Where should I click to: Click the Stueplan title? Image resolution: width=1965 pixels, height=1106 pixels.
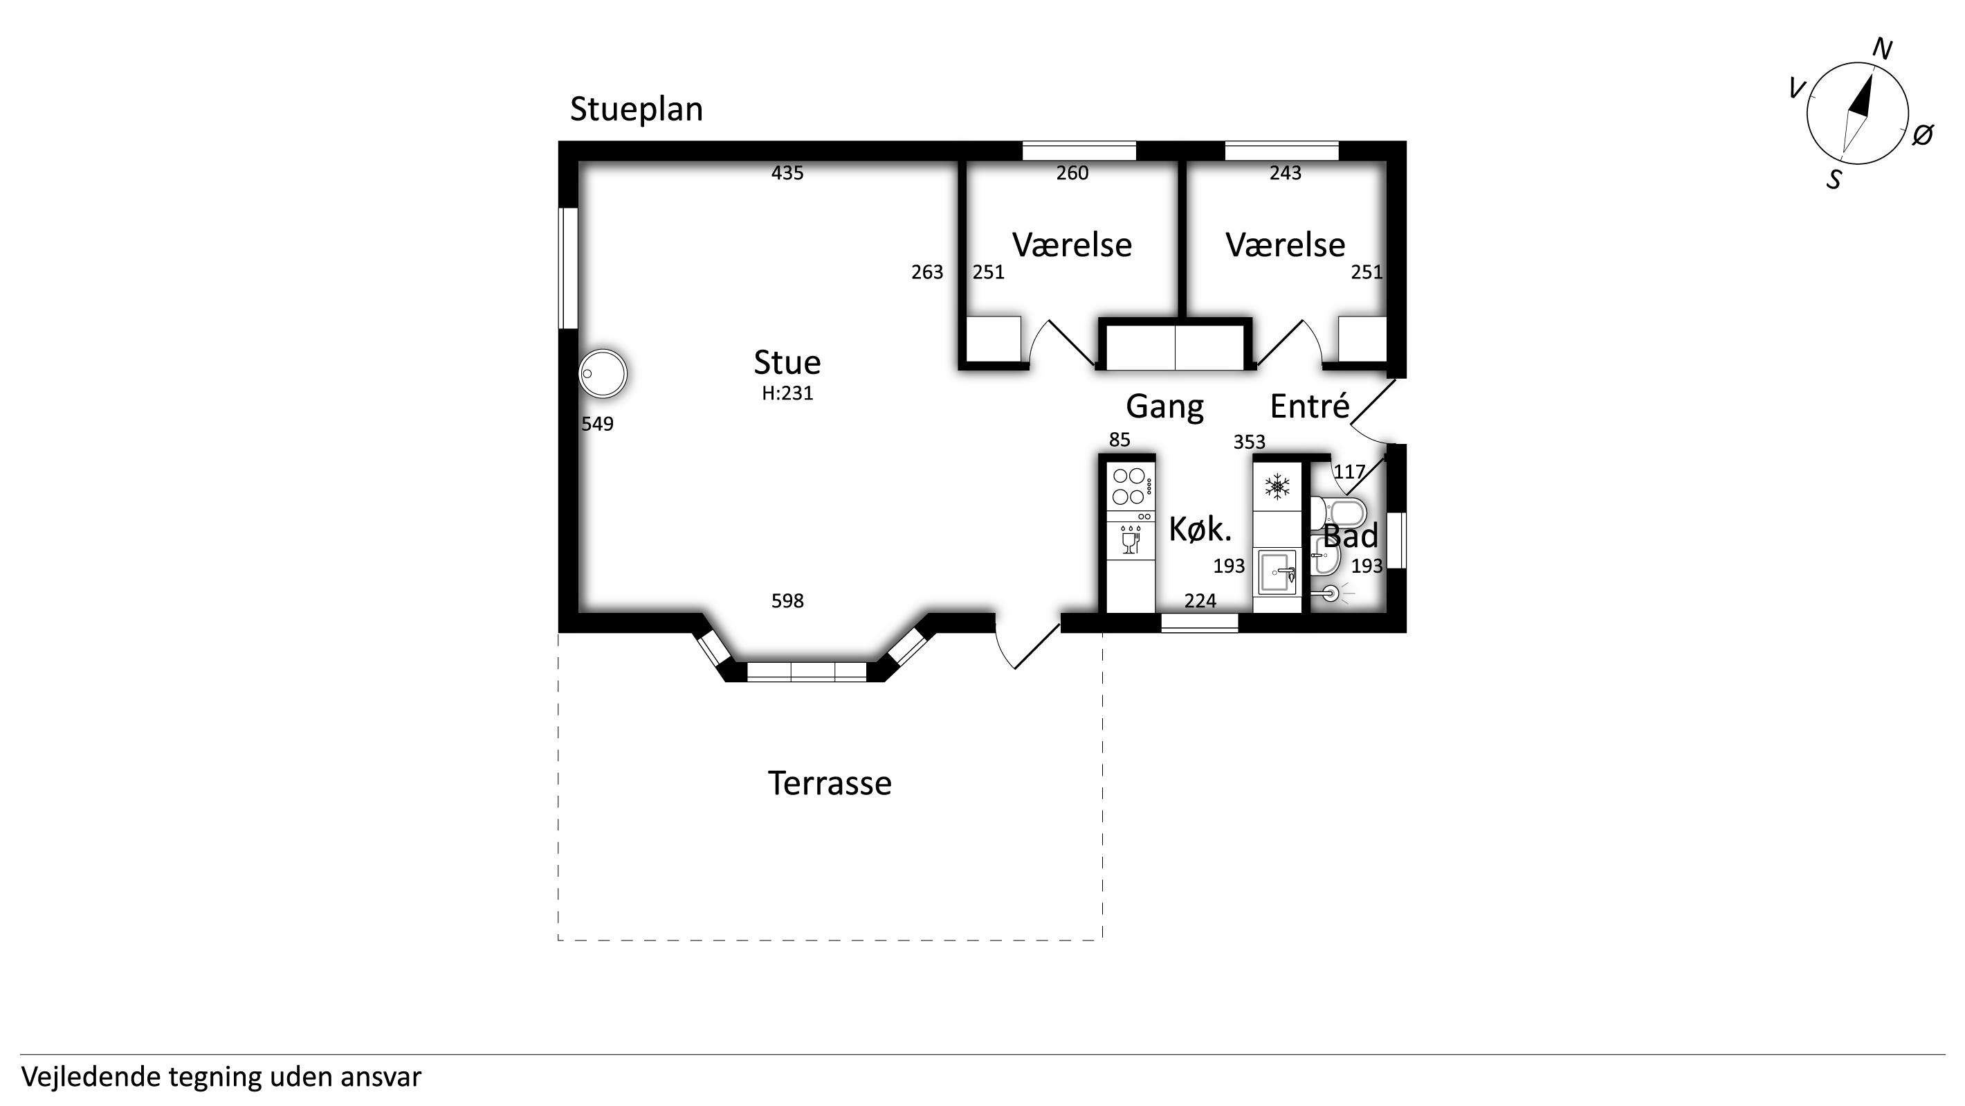pyautogui.click(x=636, y=109)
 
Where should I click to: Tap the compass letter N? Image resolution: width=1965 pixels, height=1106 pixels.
pyautogui.click(x=1883, y=50)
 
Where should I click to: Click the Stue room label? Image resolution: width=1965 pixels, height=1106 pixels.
pyautogui.click(x=787, y=363)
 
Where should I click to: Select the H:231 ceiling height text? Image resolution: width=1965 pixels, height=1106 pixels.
pyautogui.click(x=787, y=393)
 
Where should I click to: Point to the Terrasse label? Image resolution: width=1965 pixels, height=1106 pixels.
pyautogui.click(x=829, y=783)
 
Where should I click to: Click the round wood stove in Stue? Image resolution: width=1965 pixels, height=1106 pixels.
pyautogui.click(x=603, y=374)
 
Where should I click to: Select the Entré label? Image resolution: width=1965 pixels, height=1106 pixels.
pyautogui.click(x=1310, y=406)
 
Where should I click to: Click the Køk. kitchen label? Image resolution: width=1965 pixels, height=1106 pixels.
pyautogui.click(x=1200, y=529)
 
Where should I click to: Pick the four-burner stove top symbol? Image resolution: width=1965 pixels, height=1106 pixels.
pyautogui.click(x=1131, y=487)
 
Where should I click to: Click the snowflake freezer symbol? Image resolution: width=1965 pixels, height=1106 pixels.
pyautogui.click(x=1277, y=486)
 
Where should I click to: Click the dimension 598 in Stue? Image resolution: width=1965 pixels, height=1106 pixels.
pyautogui.click(x=787, y=601)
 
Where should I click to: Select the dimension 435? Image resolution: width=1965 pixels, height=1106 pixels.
pyautogui.click(x=787, y=173)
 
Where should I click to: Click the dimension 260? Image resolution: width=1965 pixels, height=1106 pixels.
pyautogui.click(x=1072, y=173)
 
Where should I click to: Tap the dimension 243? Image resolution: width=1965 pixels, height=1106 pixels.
pyautogui.click(x=1286, y=173)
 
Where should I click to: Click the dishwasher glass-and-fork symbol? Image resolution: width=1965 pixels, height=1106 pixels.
pyautogui.click(x=1131, y=540)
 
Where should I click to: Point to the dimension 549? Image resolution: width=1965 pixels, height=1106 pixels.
pyautogui.click(x=597, y=425)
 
